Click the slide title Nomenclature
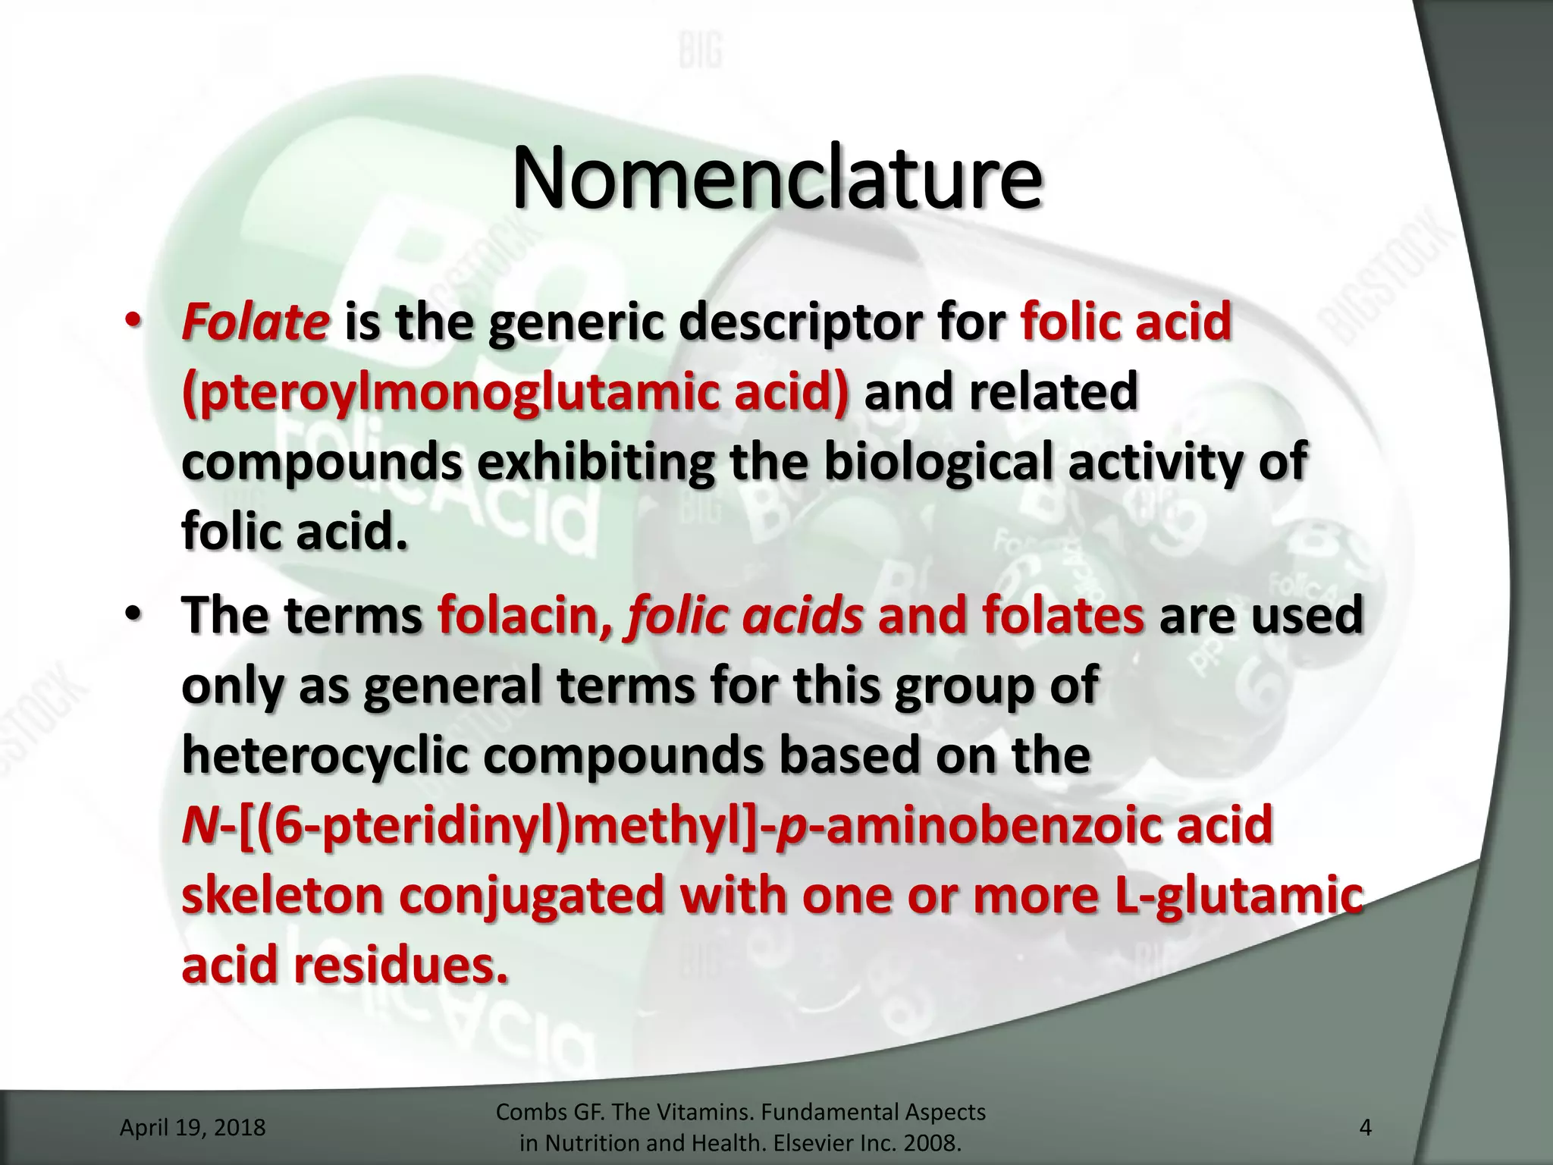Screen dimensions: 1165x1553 tap(776, 178)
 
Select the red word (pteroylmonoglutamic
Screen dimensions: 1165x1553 tap(516, 394)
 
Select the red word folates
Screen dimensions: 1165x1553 tap(1062, 615)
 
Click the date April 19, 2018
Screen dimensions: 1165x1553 tap(193, 1127)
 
